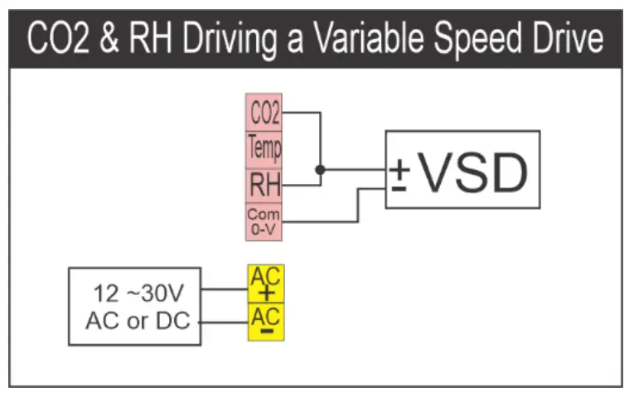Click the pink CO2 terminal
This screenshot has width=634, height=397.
(264, 112)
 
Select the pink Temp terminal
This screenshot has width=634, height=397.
(264, 148)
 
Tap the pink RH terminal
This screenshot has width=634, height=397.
(264, 185)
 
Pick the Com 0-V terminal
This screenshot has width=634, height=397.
(264, 221)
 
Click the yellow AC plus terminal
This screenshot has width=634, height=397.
(265, 283)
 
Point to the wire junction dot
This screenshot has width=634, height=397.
(320, 169)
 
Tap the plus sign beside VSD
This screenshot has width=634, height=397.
(399, 167)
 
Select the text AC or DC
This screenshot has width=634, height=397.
(138, 319)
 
